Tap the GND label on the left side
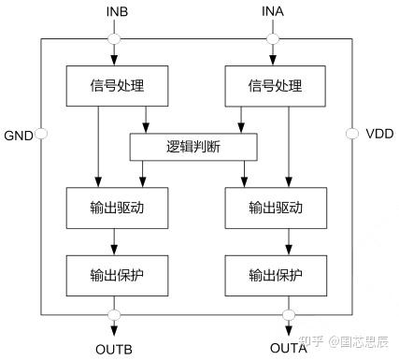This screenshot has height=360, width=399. [x=18, y=135]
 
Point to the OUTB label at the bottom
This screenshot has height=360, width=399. [x=114, y=348]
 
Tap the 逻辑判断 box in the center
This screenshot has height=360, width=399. [x=193, y=146]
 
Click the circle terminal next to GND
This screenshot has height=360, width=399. [x=40, y=135]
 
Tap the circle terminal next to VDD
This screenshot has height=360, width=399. [x=351, y=135]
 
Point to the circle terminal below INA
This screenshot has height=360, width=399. [x=273, y=39]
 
